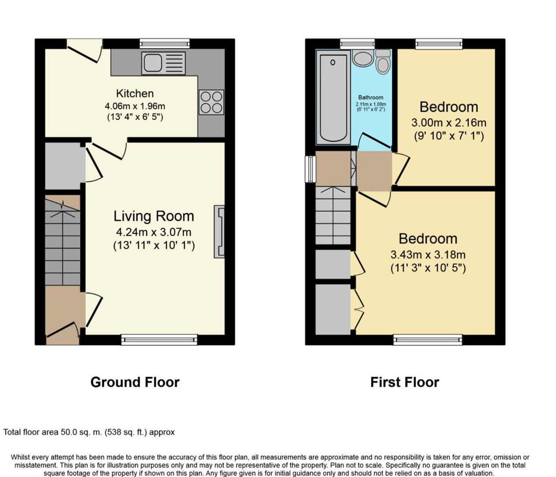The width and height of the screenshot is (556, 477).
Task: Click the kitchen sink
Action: [163, 63]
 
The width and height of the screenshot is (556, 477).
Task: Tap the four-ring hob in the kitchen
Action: [211, 102]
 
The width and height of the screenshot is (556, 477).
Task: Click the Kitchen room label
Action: [135, 94]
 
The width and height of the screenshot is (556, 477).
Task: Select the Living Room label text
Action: [154, 216]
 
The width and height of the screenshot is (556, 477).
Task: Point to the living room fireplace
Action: [219, 231]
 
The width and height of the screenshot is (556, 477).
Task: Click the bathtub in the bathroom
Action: [333, 98]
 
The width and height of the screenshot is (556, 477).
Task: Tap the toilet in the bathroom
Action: [383, 62]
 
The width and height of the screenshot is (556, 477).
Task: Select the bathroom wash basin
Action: [363, 58]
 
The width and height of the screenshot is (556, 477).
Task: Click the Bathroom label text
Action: [371, 98]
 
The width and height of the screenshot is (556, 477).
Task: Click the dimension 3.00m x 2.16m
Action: [449, 123]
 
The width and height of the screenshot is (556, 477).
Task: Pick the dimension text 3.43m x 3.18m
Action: [427, 255]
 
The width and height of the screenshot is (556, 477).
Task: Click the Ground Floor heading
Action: [135, 382]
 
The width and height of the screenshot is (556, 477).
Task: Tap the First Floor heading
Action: [405, 382]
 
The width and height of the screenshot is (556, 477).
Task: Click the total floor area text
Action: [89, 432]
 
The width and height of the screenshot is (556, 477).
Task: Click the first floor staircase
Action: [333, 216]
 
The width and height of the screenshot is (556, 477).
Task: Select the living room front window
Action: [159, 339]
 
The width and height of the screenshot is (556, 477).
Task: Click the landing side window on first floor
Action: [310, 169]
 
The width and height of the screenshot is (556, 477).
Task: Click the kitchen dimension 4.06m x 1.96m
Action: [135, 106]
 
